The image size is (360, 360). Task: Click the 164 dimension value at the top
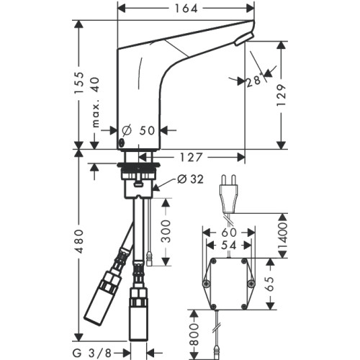(x=186, y=9)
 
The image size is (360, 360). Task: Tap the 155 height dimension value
(x=79, y=83)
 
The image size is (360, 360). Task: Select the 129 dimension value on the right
(x=281, y=95)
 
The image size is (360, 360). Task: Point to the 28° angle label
(x=255, y=81)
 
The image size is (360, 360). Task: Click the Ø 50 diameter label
(x=138, y=130)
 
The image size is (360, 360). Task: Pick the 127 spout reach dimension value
(x=192, y=158)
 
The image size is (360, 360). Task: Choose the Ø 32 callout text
(x=191, y=179)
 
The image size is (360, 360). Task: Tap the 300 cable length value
(x=166, y=231)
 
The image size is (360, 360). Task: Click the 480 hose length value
(x=79, y=241)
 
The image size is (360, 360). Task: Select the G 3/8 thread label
(x=92, y=353)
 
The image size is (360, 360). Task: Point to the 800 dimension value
(x=194, y=334)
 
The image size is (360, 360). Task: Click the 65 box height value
(x=270, y=284)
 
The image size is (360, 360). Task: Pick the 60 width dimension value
(x=229, y=233)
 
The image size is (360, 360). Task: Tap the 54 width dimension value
(x=229, y=246)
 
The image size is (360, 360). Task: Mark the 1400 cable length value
(x=282, y=236)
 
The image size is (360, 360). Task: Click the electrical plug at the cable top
(x=229, y=194)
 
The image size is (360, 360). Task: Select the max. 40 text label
(x=96, y=102)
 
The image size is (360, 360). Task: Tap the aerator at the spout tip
(x=244, y=39)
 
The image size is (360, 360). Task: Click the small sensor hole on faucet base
(x=122, y=143)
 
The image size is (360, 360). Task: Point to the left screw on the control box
(x=206, y=284)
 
